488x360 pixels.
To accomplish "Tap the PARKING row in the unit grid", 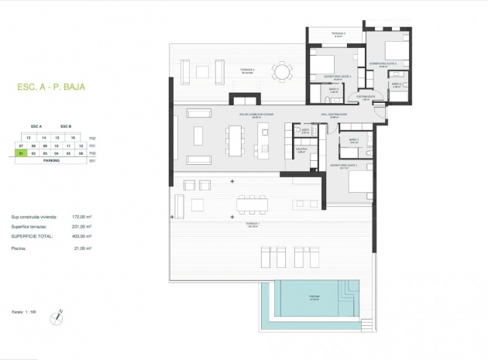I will pos(52,161).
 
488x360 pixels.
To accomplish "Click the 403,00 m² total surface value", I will pos(81,235).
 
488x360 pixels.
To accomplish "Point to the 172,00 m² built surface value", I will pos(81,218).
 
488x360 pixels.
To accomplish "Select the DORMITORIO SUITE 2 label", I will pos(383,63).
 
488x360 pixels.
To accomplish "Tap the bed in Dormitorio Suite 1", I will pos(361,184).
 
